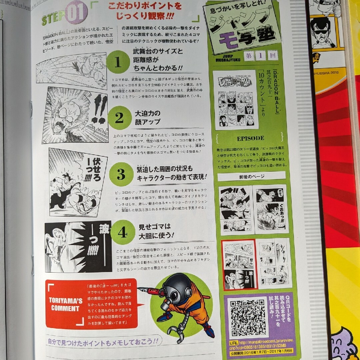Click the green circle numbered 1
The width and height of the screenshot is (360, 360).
click(118, 63)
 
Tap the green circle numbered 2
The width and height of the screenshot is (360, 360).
click(119, 117)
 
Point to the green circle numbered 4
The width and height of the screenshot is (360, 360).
click(122, 233)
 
